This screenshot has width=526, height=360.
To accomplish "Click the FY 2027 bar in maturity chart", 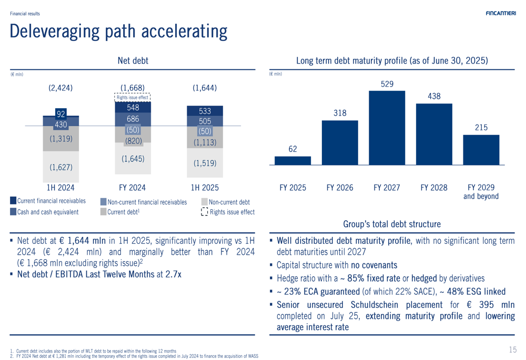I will (x=387, y=128).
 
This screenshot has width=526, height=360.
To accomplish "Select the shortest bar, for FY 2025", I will (x=293, y=160).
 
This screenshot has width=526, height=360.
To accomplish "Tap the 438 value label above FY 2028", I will (x=434, y=96).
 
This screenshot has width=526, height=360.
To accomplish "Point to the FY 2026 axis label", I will (x=340, y=188).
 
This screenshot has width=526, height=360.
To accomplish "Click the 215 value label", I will (x=481, y=127).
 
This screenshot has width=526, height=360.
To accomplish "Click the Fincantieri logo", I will (x=501, y=13).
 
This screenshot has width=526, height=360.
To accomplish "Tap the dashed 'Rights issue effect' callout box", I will (x=133, y=97).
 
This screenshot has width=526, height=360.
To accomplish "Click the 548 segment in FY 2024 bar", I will (x=133, y=107).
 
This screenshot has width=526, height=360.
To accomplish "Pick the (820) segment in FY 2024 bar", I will (x=133, y=141).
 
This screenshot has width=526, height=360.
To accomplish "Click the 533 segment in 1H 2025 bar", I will (x=205, y=111).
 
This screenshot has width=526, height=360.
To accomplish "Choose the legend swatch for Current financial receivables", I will (x=13, y=201).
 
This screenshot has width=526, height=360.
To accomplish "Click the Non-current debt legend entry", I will (x=229, y=202).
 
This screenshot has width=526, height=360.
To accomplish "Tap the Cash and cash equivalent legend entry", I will (x=47, y=212).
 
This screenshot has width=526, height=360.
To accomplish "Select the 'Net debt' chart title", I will (x=133, y=61).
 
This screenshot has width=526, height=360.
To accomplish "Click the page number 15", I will (x=513, y=349).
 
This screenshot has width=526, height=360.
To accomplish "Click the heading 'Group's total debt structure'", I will (x=392, y=224).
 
